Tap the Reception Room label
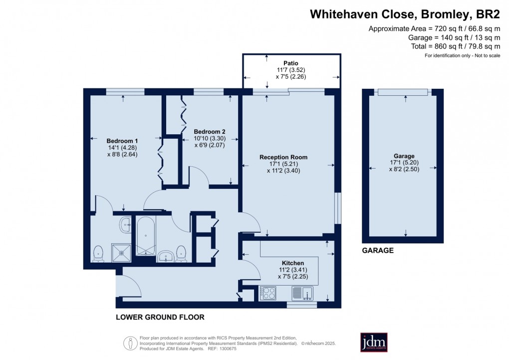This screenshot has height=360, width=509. pyautogui.click(x=283, y=157)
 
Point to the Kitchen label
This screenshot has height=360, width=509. pyautogui.click(x=293, y=263)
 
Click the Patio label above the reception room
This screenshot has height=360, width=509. pyautogui.click(x=290, y=63)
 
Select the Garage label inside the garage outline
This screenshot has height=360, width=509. pyautogui.click(x=403, y=156)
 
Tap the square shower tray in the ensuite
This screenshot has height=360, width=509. pyautogui.click(x=121, y=253)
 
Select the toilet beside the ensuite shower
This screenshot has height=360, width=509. pyautogui.click(x=98, y=254)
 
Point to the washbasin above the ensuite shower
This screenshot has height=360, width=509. pyautogui.click(x=125, y=225)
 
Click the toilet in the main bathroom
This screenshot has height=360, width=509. pyautogui.click(x=182, y=254)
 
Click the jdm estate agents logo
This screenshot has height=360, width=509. pyautogui.click(x=374, y=343)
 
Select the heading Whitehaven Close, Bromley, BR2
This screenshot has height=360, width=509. pyautogui.click(x=405, y=13)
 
